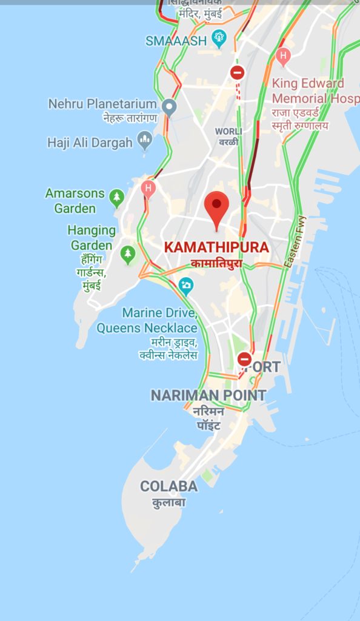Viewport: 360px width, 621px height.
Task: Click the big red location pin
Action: [216, 207]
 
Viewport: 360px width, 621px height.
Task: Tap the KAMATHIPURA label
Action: [216, 247]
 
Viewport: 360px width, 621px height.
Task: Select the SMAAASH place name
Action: [176, 41]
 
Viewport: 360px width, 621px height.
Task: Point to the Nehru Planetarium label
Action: [102, 104]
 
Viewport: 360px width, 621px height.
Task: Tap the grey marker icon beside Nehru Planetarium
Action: [169, 107]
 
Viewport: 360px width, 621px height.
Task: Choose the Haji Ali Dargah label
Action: [90, 143]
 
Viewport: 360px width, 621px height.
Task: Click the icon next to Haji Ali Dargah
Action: [144, 139]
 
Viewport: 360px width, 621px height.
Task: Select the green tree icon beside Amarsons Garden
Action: [117, 196]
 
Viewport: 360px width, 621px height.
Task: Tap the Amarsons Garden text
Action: [75, 201]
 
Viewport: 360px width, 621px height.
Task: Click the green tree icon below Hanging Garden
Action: [127, 254]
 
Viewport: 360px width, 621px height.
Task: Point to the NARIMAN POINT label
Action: [208, 395]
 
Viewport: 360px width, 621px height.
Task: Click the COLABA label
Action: [168, 486]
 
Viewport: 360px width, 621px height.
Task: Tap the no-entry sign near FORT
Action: [244, 359]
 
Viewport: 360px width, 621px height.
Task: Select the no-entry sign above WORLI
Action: [237, 73]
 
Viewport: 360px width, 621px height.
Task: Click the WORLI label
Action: [228, 132]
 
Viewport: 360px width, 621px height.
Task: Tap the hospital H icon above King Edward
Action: [282, 56]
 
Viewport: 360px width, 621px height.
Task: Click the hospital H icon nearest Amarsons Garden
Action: [148, 188]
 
